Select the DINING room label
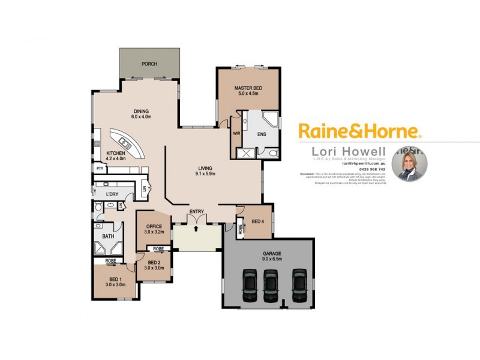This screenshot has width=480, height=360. [141, 111]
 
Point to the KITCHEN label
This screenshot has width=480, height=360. [116, 154]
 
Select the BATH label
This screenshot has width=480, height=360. [108, 236]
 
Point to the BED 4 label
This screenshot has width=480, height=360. [257, 222]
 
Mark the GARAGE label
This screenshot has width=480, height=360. [272, 254]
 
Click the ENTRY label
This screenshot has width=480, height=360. [196, 211]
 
